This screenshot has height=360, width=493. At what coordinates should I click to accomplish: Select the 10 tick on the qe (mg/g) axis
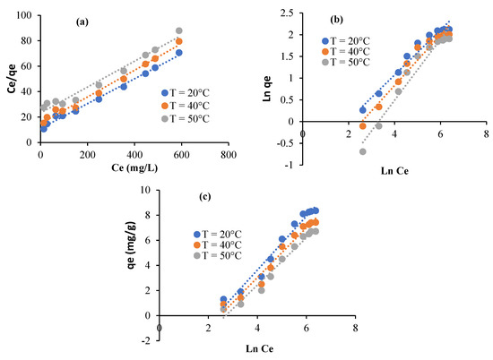click(x=149, y=188)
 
